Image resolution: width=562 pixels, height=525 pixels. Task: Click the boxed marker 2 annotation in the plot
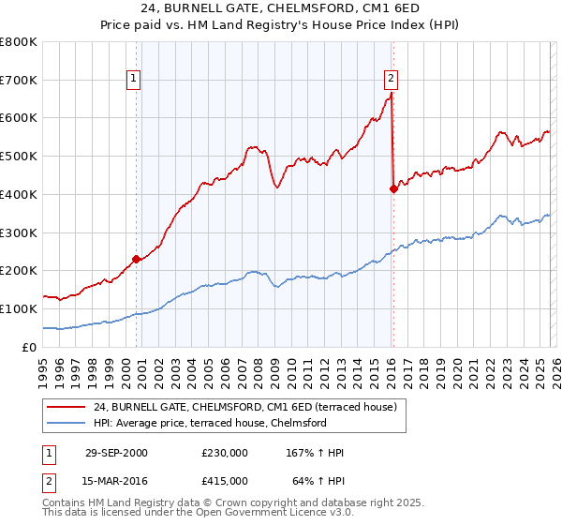[391, 80]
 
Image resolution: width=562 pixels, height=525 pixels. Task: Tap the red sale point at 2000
[137, 259]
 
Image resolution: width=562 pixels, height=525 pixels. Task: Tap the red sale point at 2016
[393, 188]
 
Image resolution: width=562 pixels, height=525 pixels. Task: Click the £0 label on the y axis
[28, 347]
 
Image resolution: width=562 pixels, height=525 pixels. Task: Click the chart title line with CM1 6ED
[281, 10]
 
